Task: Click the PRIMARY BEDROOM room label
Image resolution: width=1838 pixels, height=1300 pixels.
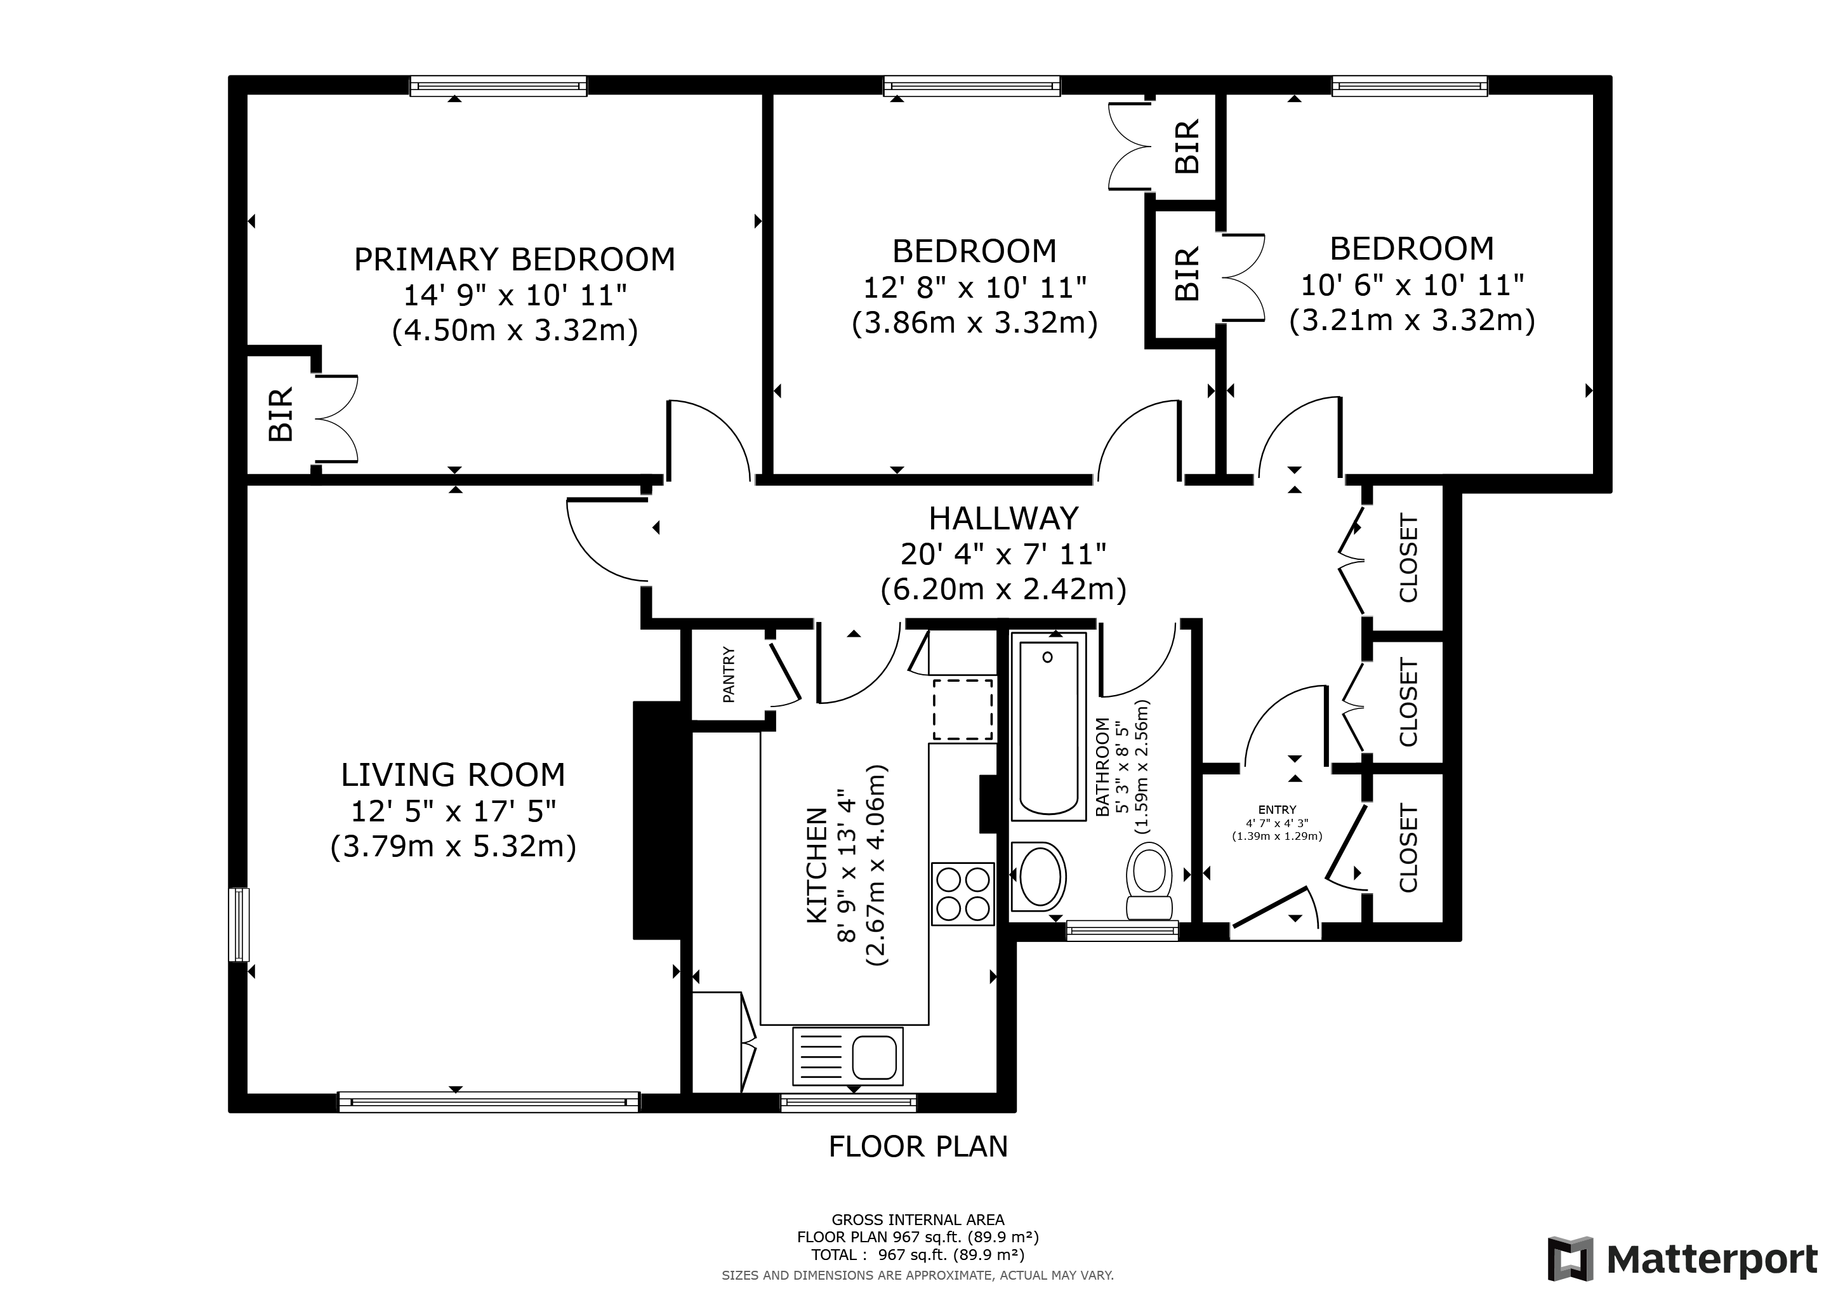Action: [x=514, y=260]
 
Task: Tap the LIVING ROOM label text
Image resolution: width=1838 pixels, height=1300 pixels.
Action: [x=453, y=775]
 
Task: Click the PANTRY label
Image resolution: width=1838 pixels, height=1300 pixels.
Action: [x=729, y=675]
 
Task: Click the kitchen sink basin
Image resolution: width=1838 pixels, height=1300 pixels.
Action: [x=873, y=1057]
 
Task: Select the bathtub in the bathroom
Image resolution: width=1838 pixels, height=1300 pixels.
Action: [x=1048, y=727]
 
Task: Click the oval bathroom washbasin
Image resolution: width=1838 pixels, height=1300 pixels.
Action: [x=1039, y=877]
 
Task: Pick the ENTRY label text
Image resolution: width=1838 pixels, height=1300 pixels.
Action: [x=1277, y=810]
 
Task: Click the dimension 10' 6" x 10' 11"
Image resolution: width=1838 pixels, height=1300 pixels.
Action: [x=1412, y=284]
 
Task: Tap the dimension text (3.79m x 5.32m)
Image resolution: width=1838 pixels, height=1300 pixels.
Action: [x=453, y=846]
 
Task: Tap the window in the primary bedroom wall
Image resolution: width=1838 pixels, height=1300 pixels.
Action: [x=498, y=86]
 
